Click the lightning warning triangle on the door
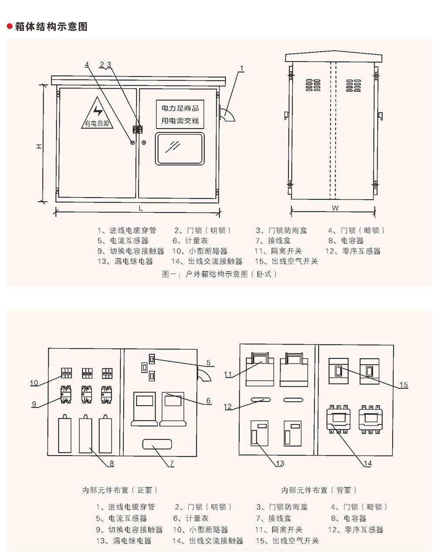[97, 114]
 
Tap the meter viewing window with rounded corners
[180, 149]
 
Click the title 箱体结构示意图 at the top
[51, 27]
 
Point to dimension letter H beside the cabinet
[39, 147]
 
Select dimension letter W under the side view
[335, 208]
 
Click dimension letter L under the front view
[140, 208]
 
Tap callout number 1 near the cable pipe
[242, 68]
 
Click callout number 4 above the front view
[87, 65]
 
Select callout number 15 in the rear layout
[404, 385]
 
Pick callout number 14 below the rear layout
[368, 463]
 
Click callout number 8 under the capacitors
[112, 463]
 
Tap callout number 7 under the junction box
[171, 463]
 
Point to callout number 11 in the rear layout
[228, 374]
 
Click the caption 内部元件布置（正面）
[120, 490]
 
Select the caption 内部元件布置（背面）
[319, 490]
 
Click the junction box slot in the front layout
[157, 444]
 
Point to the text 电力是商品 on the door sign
[180, 108]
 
